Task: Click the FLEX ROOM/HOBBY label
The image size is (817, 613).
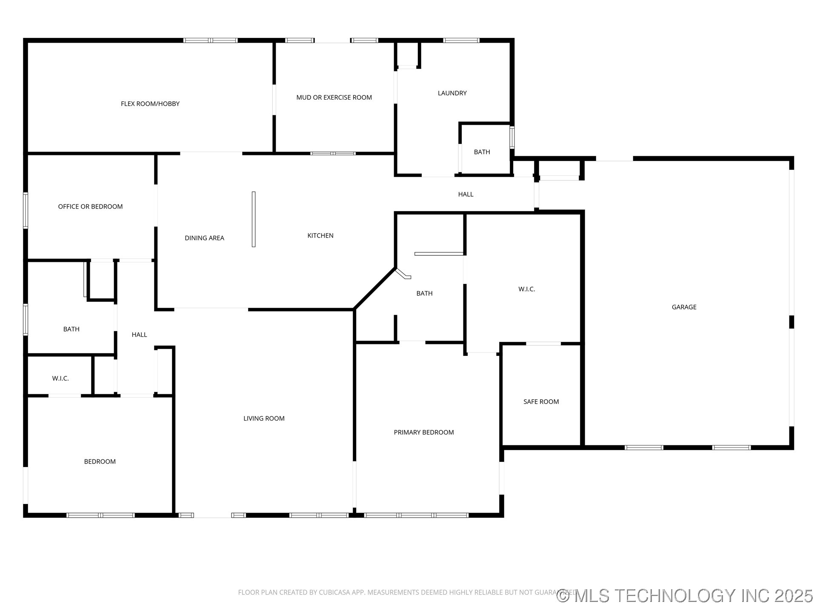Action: tap(150, 104)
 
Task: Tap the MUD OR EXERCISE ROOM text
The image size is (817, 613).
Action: tap(334, 97)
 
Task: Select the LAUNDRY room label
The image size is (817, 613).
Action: tap(452, 93)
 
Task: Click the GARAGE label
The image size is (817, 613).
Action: tap(684, 307)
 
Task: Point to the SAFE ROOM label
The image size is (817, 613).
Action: tap(541, 402)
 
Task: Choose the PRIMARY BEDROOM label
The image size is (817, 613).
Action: tap(423, 433)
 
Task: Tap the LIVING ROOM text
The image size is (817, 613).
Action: tap(264, 418)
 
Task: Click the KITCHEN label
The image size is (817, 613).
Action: tap(320, 235)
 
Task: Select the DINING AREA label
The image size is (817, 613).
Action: tap(204, 238)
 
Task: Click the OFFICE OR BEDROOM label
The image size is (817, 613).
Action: tap(90, 206)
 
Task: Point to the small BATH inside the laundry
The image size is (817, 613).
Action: tap(482, 152)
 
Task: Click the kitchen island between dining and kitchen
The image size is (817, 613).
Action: tap(254, 219)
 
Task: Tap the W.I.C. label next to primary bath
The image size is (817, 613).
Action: tap(526, 289)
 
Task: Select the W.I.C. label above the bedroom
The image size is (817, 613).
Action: tap(60, 378)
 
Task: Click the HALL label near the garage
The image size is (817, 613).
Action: tap(466, 194)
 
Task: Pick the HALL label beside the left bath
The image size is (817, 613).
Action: tap(139, 335)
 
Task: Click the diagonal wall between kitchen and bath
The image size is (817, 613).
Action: tap(375, 288)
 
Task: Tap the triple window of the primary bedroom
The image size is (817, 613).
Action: tap(416, 515)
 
